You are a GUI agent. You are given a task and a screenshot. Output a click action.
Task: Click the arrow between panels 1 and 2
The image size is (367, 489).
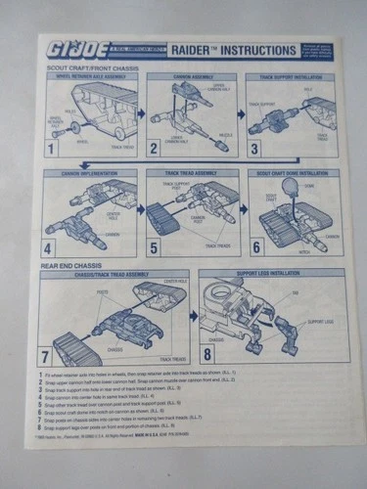point(140,113)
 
